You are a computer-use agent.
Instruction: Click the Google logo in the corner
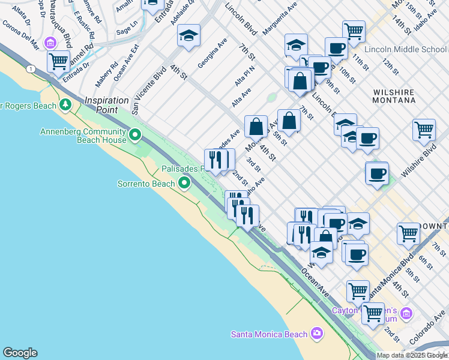[x=20, y=353]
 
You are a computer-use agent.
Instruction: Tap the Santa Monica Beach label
[x=270, y=334]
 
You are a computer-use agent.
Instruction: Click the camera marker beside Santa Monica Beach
[x=316, y=334]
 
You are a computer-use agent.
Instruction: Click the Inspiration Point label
[x=107, y=104]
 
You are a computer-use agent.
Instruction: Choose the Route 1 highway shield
[x=30, y=70]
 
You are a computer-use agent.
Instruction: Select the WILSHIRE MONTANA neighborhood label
[x=394, y=96]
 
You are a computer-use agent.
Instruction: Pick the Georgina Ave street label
[x=212, y=53]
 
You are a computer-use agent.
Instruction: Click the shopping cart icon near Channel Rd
[x=58, y=60]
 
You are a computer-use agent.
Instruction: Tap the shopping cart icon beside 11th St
[x=354, y=30]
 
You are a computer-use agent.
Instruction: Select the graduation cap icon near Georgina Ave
[x=188, y=35]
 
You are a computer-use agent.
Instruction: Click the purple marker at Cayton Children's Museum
[x=406, y=313]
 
